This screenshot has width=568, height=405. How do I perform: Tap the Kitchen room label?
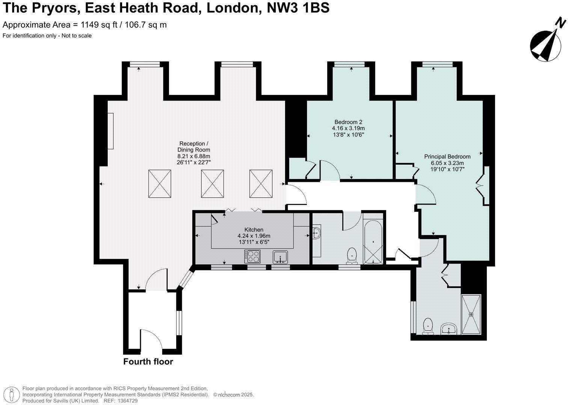(x=254, y=229)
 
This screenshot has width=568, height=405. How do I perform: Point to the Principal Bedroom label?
(x=447, y=156)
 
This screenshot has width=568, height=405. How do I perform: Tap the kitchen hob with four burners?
(x=252, y=256)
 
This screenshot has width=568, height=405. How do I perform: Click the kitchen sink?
(x=280, y=257)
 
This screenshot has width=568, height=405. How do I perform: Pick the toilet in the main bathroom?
(x=352, y=255)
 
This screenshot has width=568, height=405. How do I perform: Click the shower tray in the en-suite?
(x=471, y=314)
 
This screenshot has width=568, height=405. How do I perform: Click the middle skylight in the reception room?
(x=212, y=184)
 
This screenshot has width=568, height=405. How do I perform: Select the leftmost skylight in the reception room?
(x=160, y=184)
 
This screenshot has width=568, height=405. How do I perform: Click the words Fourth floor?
(x=148, y=361)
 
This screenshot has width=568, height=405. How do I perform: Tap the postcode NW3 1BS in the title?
(x=298, y=7)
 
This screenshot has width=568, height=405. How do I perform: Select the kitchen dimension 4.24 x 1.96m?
(x=254, y=236)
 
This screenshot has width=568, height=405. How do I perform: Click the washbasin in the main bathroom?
(x=316, y=234)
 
